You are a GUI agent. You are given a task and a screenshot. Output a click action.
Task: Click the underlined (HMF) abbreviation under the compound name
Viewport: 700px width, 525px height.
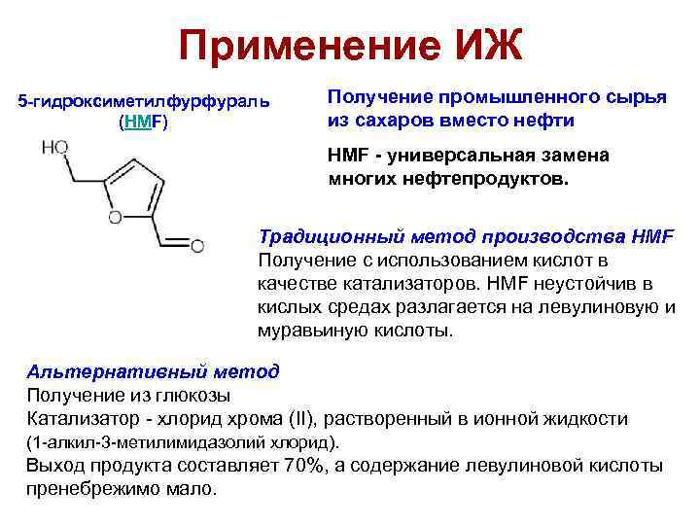tap(143, 123)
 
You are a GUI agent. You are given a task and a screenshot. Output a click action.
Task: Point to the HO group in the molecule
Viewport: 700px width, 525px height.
tap(55, 147)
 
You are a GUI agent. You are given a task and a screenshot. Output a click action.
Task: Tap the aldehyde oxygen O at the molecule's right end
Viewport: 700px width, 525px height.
tap(197, 247)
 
